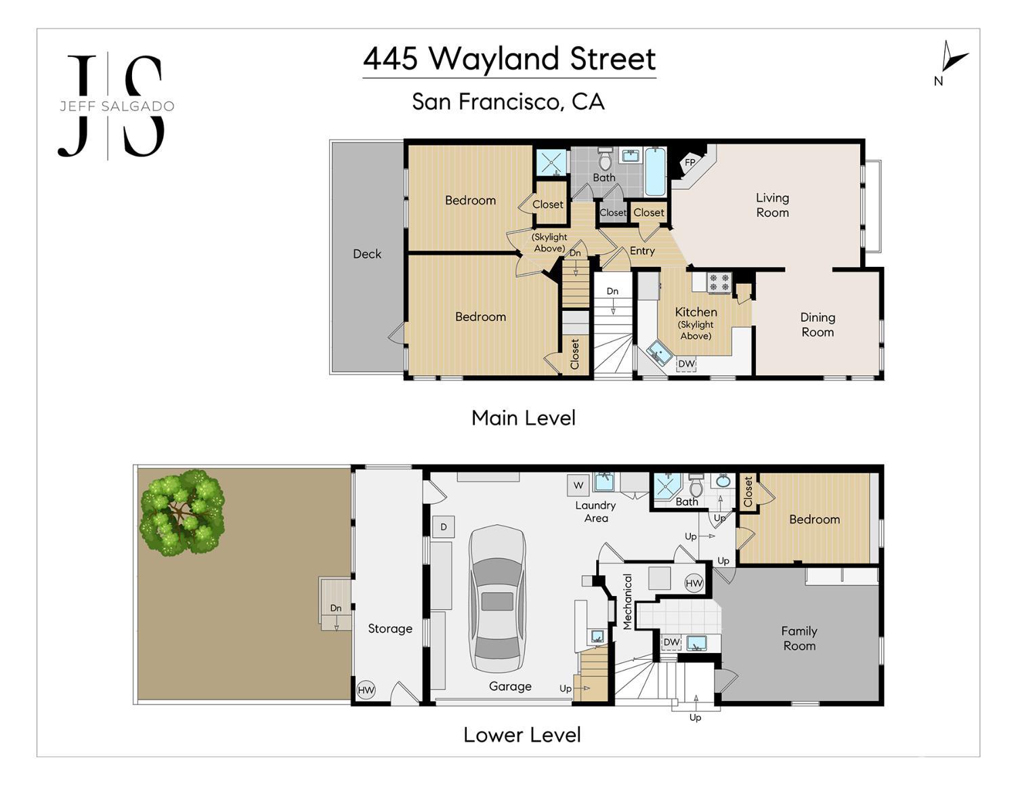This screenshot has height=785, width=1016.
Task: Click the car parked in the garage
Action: point(497,599)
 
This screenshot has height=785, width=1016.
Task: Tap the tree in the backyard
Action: point(182,513)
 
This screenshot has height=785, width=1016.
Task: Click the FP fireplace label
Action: point(690,163)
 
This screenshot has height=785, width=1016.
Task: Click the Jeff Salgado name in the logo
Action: point(117,106)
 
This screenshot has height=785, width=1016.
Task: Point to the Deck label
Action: point(367,254)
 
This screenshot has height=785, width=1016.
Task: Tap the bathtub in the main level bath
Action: point(655,171)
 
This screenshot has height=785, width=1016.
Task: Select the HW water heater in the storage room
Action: point(366,689)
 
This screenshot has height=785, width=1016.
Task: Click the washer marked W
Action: point(578,485)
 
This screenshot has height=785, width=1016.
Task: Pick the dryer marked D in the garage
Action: point(443,527)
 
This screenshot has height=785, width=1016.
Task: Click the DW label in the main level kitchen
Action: point(686,364)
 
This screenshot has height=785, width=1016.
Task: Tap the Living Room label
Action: point(772,205)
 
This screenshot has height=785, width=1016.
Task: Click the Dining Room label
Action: point(818,325)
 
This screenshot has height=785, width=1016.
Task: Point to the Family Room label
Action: point(799,639)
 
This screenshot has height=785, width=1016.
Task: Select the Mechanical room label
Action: point(627,601)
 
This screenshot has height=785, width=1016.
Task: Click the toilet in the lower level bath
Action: point(696,486)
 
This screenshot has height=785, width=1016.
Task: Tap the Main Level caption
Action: point(523,418)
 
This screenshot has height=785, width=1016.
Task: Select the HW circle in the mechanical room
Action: point(694,583)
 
